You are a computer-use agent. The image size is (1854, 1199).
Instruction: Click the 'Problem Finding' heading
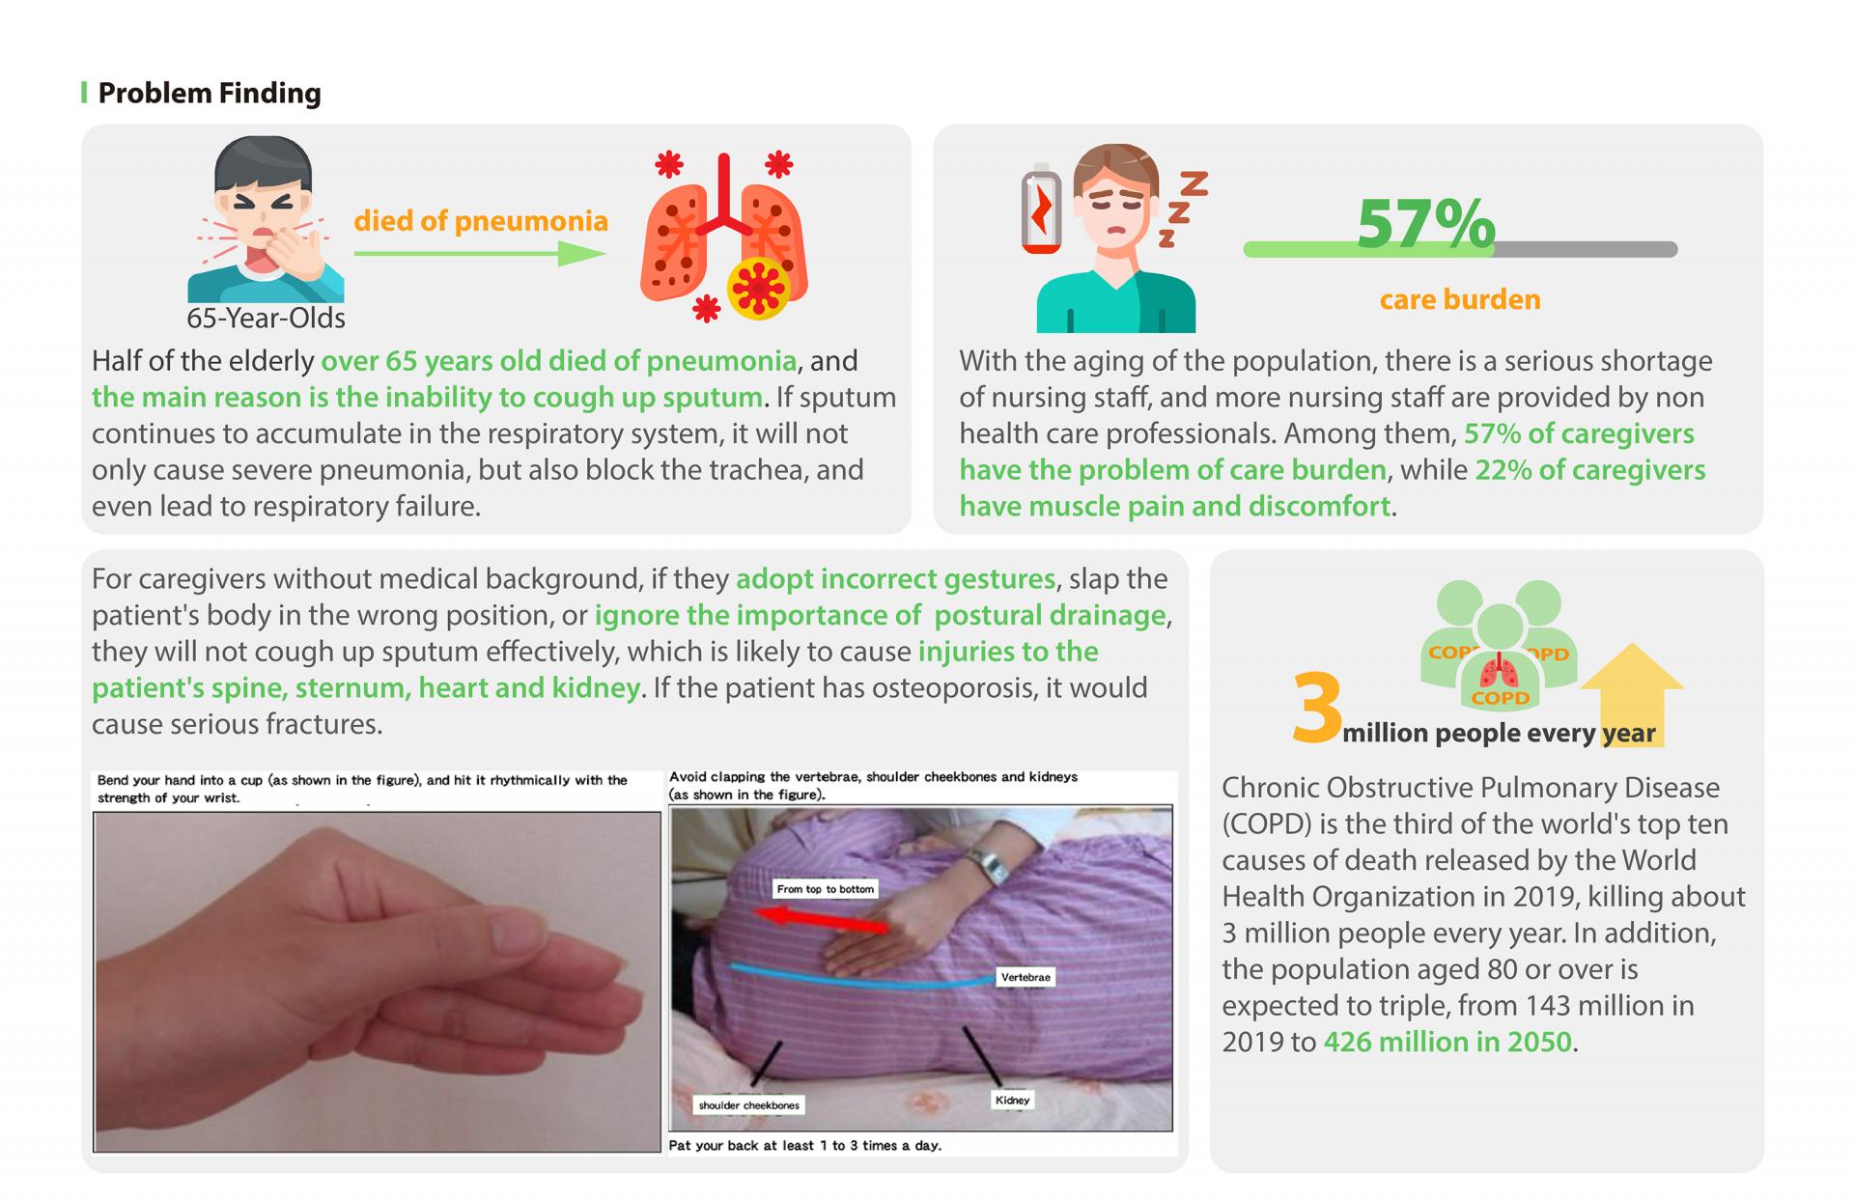(x=210, y=93)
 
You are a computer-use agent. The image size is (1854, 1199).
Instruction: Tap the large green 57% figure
(x=1425, y=224)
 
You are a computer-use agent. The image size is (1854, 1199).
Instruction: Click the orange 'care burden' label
(x=1460, y=299)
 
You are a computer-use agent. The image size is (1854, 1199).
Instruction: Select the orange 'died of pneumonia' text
(x=481, y=221)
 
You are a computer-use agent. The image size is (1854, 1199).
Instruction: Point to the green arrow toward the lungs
(x=480, y=254)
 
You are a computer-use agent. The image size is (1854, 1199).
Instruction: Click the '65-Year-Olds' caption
(x=266, y=318)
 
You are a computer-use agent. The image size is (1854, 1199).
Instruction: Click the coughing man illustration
(x=266, y=219)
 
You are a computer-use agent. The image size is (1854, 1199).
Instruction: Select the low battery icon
(x=1041, y=208)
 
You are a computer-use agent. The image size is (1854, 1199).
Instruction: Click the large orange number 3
(x=1317, y=708)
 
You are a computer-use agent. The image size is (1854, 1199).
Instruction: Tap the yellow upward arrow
(x=1632, y=692)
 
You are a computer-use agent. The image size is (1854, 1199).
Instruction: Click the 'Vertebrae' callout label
(x=1025, y=977)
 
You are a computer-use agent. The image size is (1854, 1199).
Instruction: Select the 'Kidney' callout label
(x=1012, y=1100)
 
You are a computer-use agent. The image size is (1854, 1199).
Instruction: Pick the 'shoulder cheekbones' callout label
(x=749, y=1105)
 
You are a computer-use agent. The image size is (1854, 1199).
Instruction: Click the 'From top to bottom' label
(x=825, y=889)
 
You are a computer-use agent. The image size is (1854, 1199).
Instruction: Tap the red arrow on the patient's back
(x=821, y=919)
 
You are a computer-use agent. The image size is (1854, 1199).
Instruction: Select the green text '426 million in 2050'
(x=1447, y=1042)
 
